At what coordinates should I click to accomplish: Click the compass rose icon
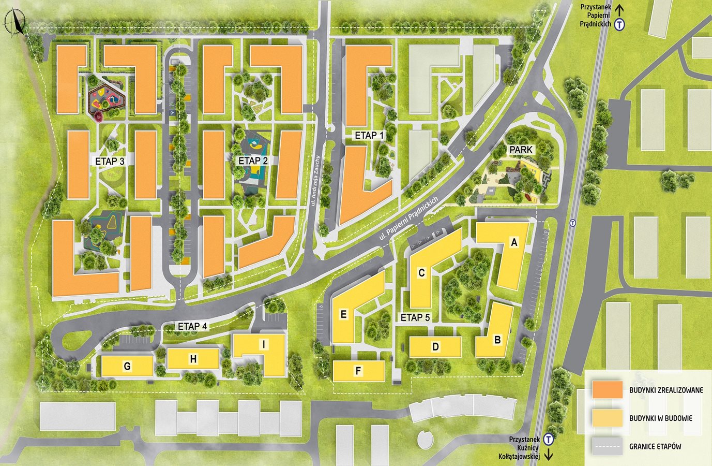coord(14,22)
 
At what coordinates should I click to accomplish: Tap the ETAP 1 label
coord(370,135)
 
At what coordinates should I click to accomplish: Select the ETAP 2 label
coord(253,161)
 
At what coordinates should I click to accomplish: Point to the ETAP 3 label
coord(110,162)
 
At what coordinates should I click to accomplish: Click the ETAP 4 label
coord(192,326)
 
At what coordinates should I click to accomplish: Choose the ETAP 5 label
coord(415,317)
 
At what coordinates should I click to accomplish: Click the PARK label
coord(521,150)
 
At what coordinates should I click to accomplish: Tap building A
coord(513,242)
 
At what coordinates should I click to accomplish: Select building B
coord(497,340)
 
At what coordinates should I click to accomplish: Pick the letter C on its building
coord(421,272)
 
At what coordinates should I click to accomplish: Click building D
coord(435,347)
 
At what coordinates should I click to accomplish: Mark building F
coord(358,371)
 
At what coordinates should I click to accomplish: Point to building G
coord(127,366)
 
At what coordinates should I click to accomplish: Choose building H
coord(193,359)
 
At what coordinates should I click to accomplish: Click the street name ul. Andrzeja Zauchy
coord(319,181)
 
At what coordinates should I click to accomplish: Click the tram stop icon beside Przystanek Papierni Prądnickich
coord(619,24)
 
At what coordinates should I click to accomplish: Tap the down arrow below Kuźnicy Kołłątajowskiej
coord(548,456)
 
